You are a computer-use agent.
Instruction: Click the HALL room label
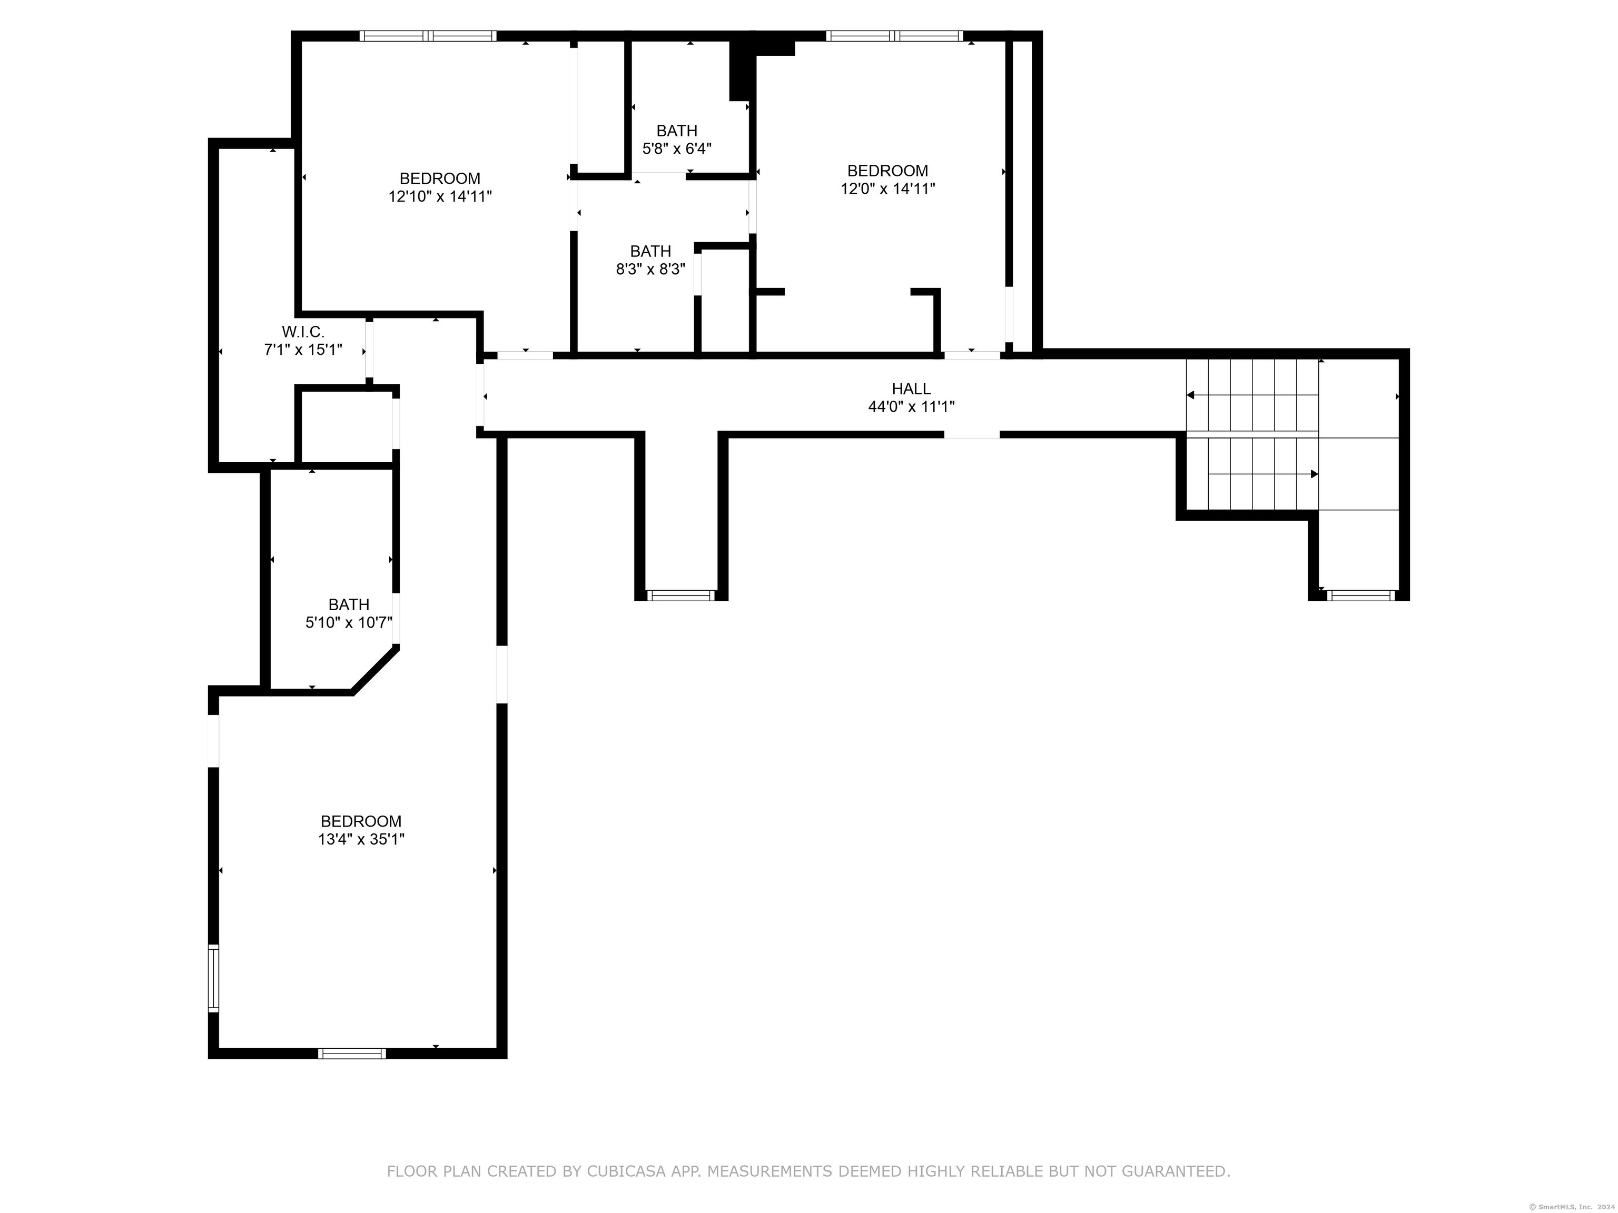click(x=911, y=389)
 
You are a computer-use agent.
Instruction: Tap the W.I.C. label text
click(x=303, y=332)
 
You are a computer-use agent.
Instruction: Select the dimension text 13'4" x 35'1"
click(x=361, y=839)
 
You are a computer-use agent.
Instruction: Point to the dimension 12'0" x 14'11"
click(x=887, y=188)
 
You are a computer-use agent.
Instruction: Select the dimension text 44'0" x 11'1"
click(x=911, y=407)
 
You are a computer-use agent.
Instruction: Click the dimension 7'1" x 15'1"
click(x=303, y=350)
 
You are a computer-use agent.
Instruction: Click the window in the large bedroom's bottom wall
click(x=352, y=1053)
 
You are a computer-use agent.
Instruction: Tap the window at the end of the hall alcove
click(x=681, y=595)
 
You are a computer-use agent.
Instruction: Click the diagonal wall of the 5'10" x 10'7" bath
click(x=375, y=669)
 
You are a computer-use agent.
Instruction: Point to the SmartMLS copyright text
click(x=1573, y=1207)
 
